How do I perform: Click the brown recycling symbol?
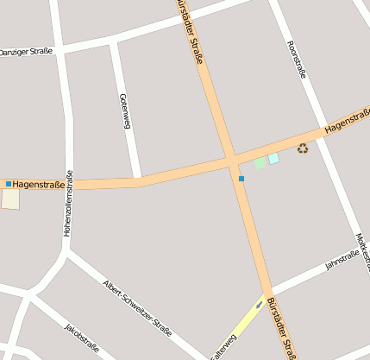point(303,148)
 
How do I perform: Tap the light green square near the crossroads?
point(260,162)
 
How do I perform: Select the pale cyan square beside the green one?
point(273,159)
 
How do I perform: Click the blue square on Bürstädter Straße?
point(241,179)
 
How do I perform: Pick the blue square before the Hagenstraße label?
point(9,184)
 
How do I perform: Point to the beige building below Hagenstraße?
point(10,199)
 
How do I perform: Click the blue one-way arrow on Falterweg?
point(258,305)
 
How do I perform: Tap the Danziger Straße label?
point(26,51)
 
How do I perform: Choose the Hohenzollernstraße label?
point(67,204)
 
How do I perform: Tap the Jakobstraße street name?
point(78,338)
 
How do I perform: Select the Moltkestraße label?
point(361,250)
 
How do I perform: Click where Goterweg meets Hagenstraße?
point(138,180)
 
